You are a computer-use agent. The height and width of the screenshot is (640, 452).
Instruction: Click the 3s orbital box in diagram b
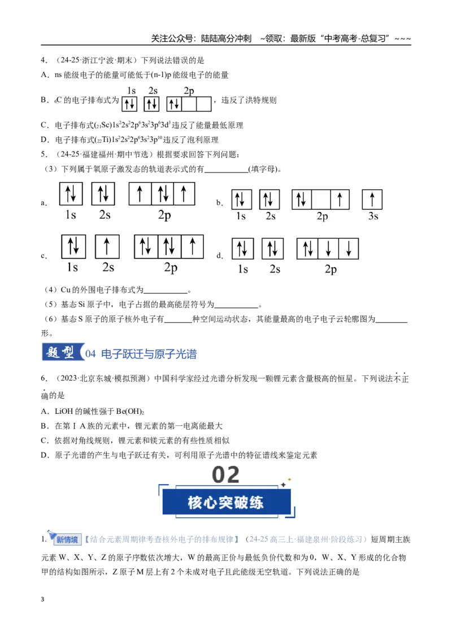pyautogui.click(x=372, y=200)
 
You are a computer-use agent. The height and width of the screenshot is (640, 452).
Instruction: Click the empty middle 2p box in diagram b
pyautogui.click(x=321, y=200)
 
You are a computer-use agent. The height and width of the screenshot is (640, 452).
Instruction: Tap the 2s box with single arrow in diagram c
pyautogui.click(x=107, y=247)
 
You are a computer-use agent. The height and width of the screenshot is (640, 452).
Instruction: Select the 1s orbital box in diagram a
pyautogui.click(x=71, y=193)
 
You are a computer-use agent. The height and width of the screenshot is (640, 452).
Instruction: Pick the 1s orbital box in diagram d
pyautogui.click(x=243, y=249)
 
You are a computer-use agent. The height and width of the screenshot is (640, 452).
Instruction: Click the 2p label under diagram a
pyautogui.click(x=164, y=215)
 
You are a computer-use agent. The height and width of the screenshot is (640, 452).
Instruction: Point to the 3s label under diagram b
pyautogui.click(x=373, y=216)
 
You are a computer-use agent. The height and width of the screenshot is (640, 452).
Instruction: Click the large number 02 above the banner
pyautogui.click(x=225, y=475)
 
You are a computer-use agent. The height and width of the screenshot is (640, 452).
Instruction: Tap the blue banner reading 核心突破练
pyautogui.click(x=227, y=502)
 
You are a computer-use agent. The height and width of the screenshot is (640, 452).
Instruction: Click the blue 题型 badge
pyautogui.click(x=63, y=352)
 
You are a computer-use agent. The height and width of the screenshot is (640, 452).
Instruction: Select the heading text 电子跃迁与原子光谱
pyautogui.click(x=149, y=353)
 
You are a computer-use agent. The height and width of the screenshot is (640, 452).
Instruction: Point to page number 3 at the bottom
pyautogui.click(x=42, y=599)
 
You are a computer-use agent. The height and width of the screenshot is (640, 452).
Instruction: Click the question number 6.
pyautogui.click(x=44, y=378)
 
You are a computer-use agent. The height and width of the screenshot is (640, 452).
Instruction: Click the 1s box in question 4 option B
pyautogui.click(x=130, y=104)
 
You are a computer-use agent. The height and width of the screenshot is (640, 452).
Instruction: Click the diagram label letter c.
pyautogui.click(x=44, y=256)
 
